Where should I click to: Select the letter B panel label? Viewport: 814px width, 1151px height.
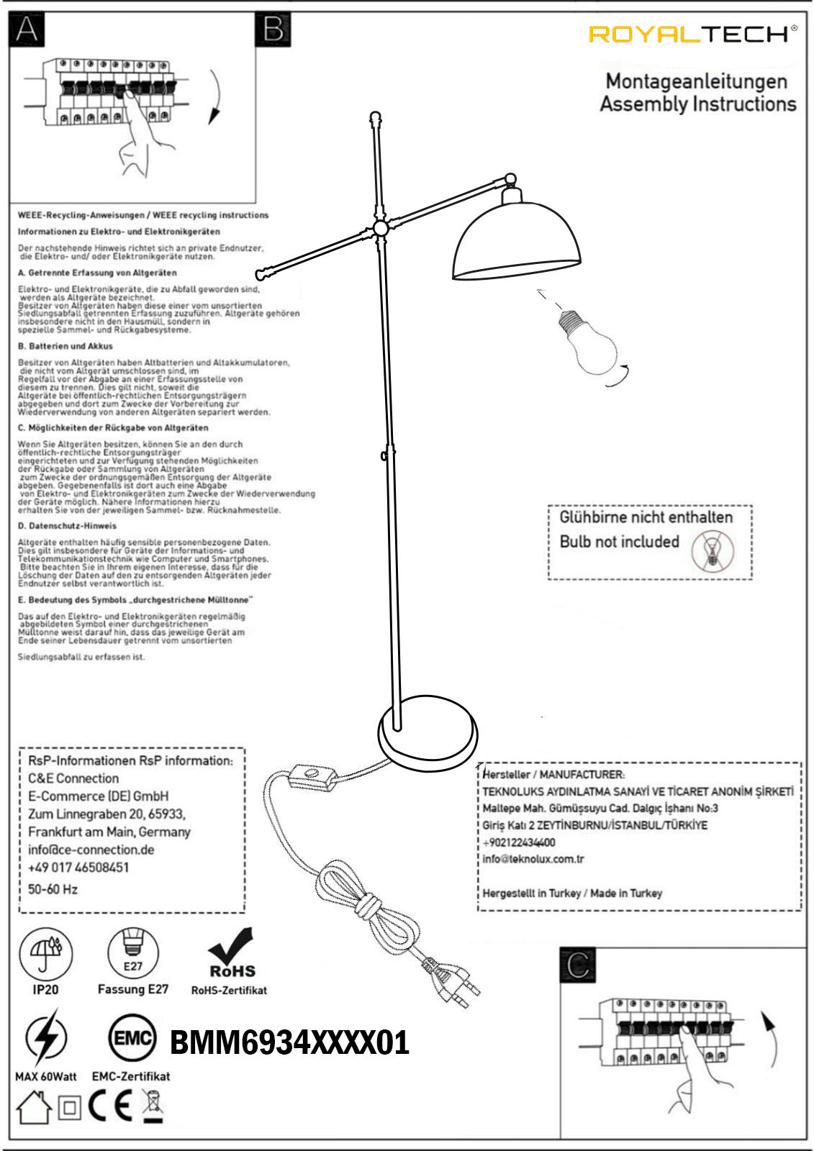(x=273, y=29)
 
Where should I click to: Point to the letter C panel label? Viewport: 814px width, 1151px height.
(x=578, y=965)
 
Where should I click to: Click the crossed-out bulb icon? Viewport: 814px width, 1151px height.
(x=713, y=551)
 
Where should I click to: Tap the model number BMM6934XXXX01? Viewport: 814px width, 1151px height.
(x=289, y=1042)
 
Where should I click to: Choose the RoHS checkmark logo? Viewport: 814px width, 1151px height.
(x=232, y=952)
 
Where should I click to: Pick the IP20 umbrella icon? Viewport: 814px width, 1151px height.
(x=45, y=954)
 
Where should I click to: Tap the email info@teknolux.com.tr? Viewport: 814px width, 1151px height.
(x=533, y=859)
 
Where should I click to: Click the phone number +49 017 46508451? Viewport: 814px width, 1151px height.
(x=78, y=868)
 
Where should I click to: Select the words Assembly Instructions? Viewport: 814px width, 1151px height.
(x=698, y=104)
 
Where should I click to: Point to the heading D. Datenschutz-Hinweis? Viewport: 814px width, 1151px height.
(x=67, y=526)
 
